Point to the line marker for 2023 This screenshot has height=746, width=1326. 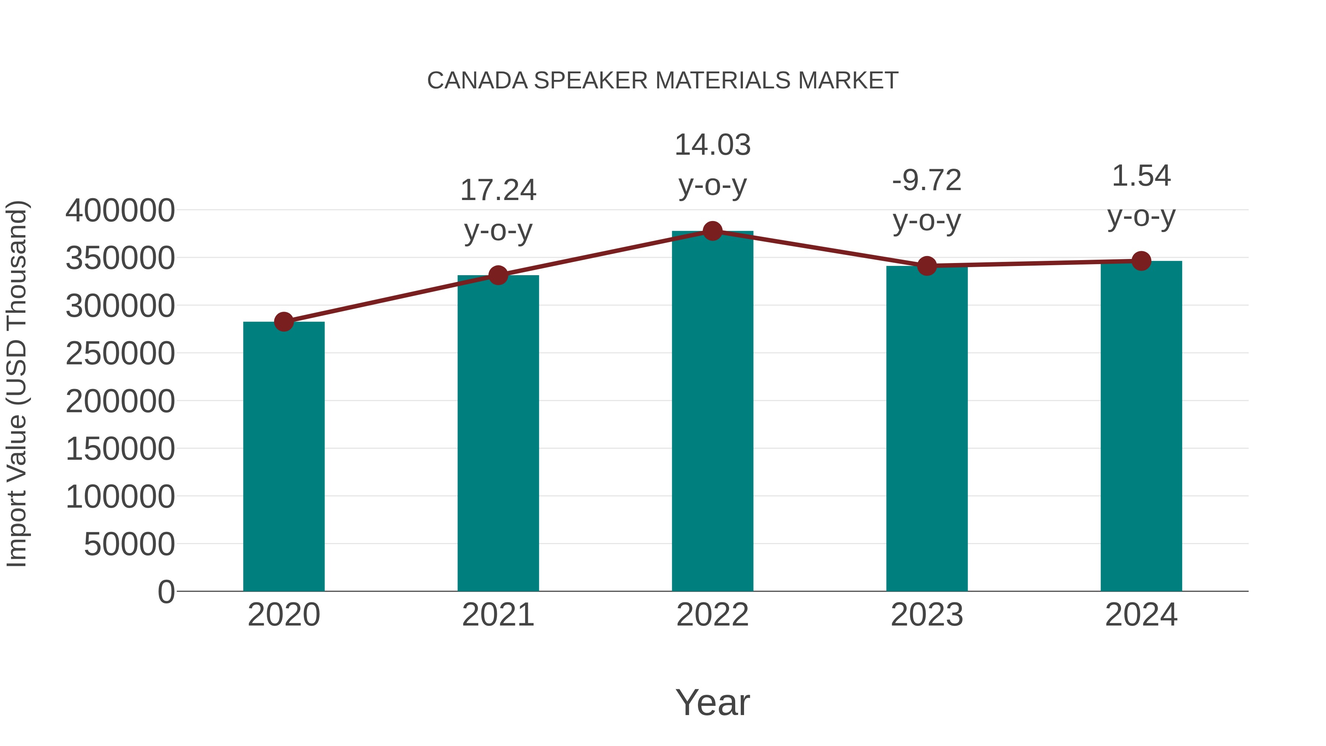(x=927, y=266)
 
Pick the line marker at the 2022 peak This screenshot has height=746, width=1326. (x=712, y=231)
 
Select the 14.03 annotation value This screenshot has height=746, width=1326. (x=712, y=145)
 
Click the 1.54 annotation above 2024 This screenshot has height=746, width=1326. (x=1141, y=176)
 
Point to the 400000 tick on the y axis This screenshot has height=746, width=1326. (x=120, y=211)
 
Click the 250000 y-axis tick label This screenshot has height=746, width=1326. (x=120, y=354)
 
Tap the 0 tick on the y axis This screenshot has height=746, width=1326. (x=166, y=592)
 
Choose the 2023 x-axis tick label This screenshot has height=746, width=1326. (x=927, y=615)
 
